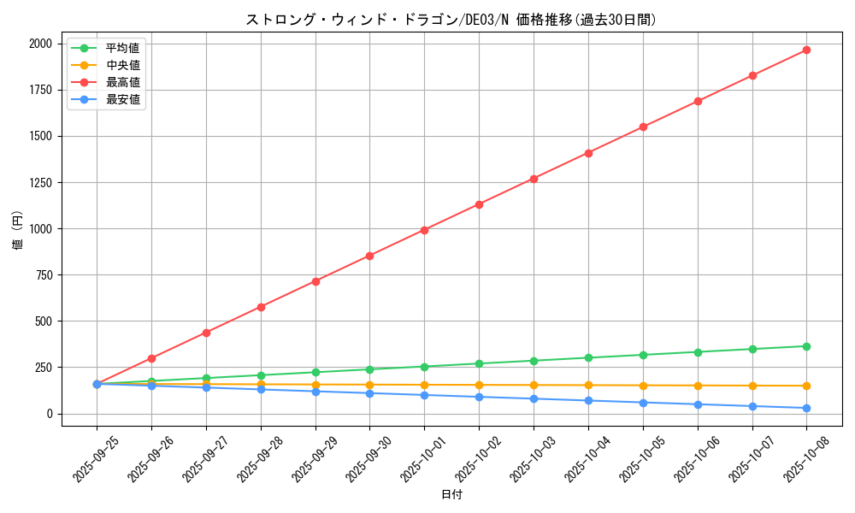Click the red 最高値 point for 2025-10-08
tap(806, 50)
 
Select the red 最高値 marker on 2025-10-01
tap(424, 230)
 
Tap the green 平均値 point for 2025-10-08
tap(806, 346)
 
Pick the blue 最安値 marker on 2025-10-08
tap(806, 408)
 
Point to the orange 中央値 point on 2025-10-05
tap(643, 386)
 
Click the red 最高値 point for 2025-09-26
tap(151, 358)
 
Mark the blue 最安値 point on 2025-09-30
tap(369, 393)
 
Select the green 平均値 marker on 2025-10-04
tap(588, 357)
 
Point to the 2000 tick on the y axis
tap(40, 44)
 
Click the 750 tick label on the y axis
tap(44, 275)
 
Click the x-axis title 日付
tap(451, 495)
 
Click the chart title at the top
tap(451, 20)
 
